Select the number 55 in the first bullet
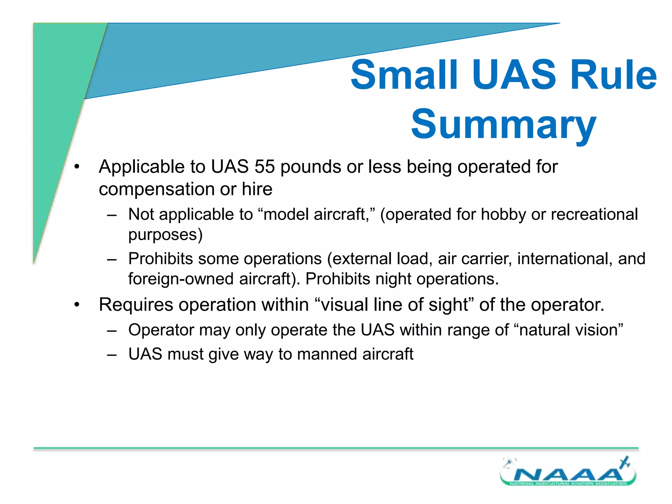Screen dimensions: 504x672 264,167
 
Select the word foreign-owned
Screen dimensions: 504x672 180,279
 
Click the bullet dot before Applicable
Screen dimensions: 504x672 77,167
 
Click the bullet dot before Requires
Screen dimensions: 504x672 77,305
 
